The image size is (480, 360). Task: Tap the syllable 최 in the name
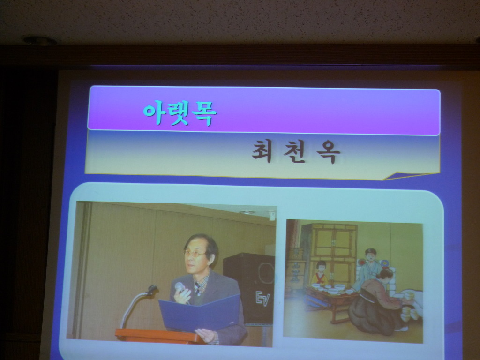point(262,151)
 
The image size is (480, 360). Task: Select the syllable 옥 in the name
point(328,152)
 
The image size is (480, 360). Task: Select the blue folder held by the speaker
point(199,313)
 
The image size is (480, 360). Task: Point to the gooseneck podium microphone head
point(152,289)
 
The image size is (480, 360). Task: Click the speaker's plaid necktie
point(198,288)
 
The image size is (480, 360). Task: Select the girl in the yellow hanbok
point(320,273)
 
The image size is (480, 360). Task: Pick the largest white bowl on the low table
point(339,287)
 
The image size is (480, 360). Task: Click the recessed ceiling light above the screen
point(40,40)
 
